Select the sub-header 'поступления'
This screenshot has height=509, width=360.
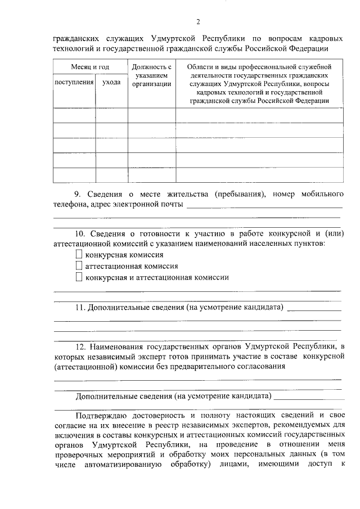tap(74, 83)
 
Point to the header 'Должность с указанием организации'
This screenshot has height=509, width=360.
tap(151, 76)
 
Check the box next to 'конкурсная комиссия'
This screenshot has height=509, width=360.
tap(79, 255)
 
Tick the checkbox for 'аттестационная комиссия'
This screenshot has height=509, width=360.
tap(79, 266)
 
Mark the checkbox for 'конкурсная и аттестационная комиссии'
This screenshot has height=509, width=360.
tap(79, 277)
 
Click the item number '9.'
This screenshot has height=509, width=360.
tap(78, 194)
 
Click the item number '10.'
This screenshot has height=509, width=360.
tap(80, 233)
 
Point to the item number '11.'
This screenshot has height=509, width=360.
tap(80, 308)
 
